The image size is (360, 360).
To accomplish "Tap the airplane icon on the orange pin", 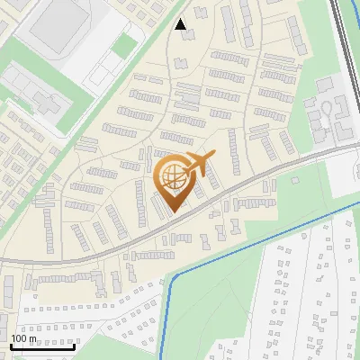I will [x=197, y=164].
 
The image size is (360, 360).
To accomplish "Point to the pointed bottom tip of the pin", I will [x=176, y=212].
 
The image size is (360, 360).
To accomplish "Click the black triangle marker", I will [x=182, y=24].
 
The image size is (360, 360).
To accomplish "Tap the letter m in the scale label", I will [x=33, y=338].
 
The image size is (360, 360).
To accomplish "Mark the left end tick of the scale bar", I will [x=11, y=345].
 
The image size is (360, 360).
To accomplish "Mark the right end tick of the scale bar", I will [x=74, y=345].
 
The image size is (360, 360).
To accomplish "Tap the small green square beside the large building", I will [x=125, y=46].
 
